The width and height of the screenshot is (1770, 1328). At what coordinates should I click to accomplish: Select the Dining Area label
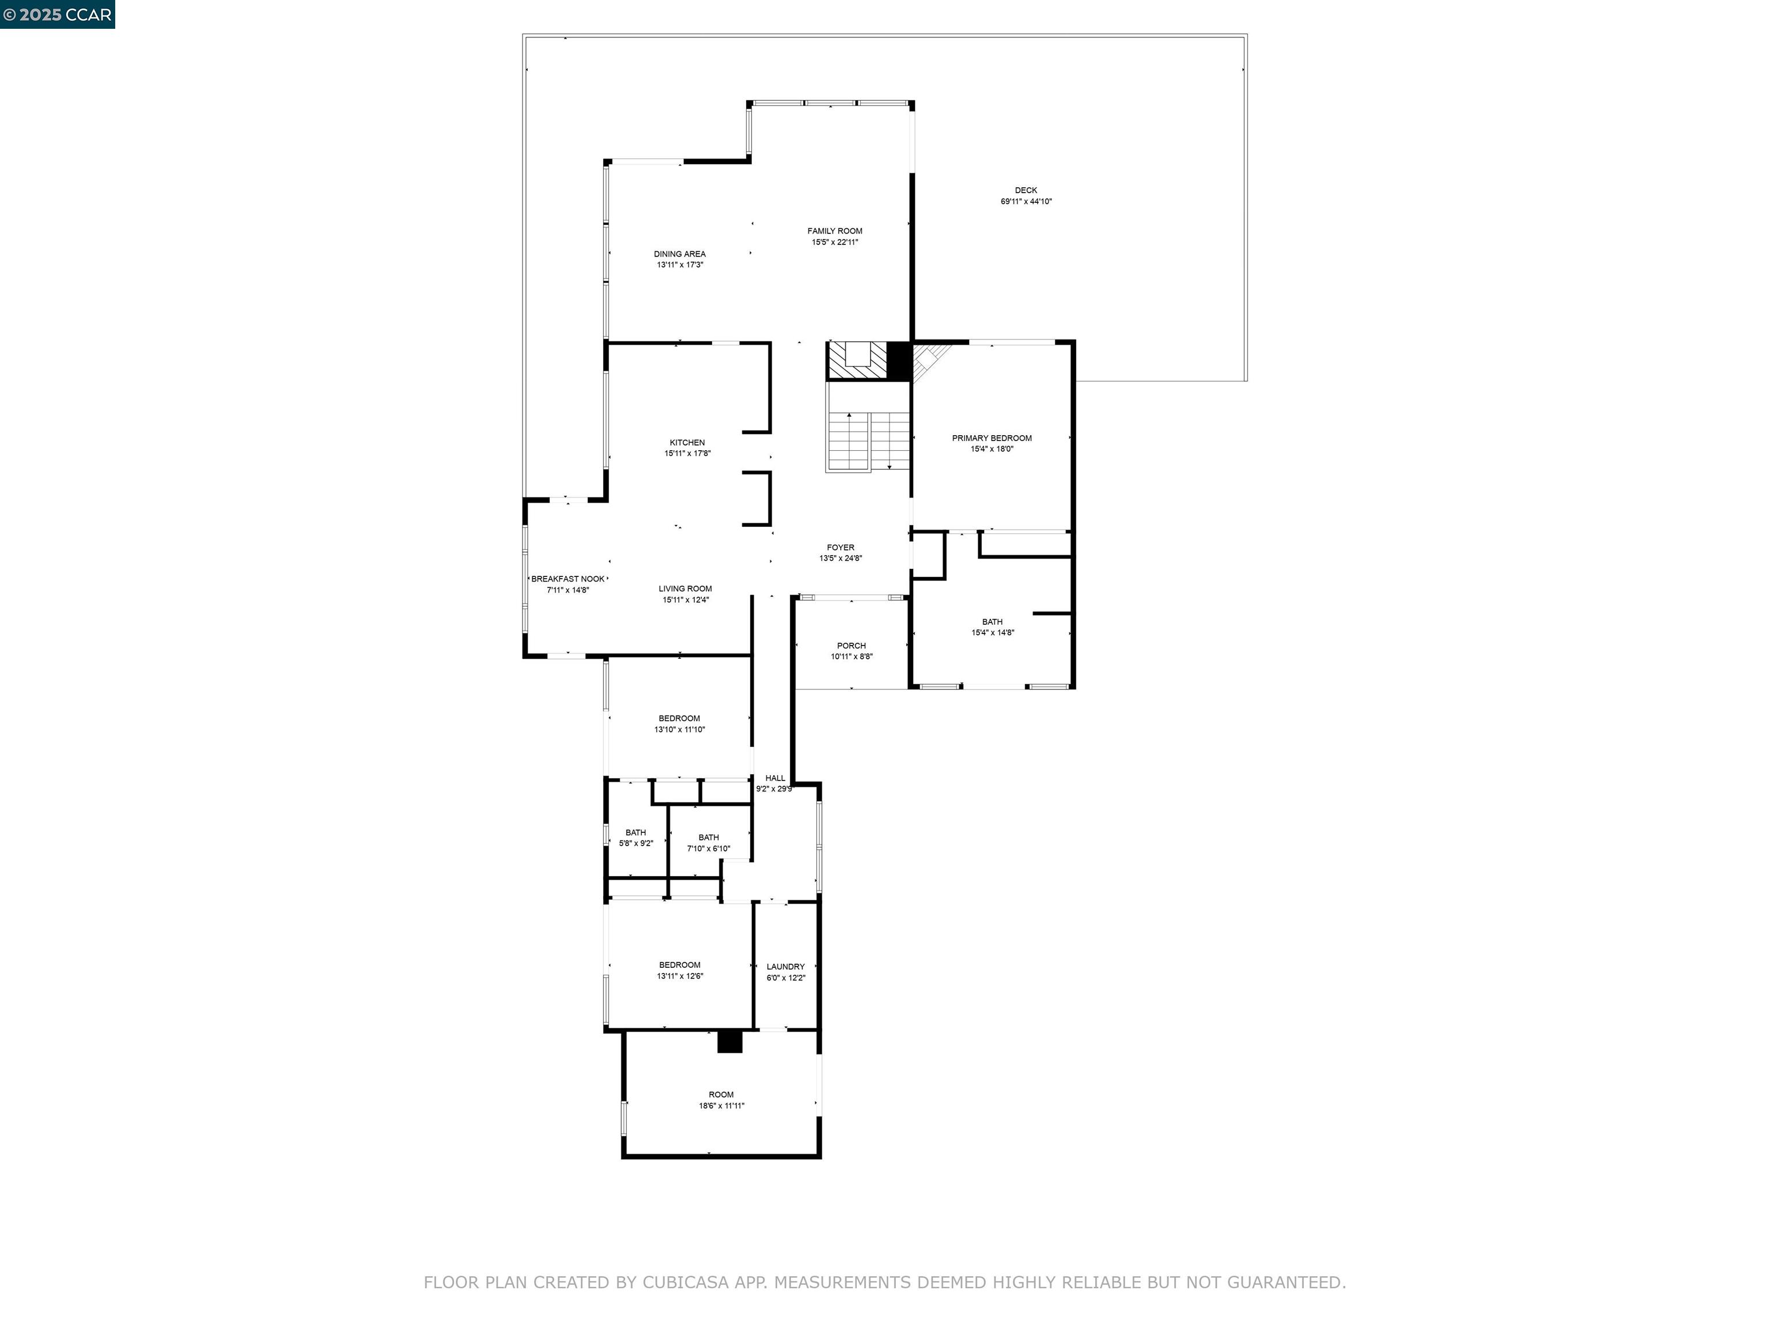tap(679, 254)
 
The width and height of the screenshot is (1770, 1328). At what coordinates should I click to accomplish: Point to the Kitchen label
tap(687, 443)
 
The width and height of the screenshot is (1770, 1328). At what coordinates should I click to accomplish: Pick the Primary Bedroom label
tap(992, 438)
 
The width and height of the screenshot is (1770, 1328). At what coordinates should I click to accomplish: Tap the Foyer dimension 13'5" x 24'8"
tap(840, 559)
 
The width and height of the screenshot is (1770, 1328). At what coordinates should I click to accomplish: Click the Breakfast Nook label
tap(568, 579)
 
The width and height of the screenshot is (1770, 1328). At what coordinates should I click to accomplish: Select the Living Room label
tap(685, 588)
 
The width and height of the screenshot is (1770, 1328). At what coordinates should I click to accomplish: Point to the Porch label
tap(852, 645)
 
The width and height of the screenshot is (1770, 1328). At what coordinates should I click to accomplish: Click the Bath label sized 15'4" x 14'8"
tap(992, 621)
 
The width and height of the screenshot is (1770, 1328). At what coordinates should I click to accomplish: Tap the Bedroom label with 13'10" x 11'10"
tap(679, 718)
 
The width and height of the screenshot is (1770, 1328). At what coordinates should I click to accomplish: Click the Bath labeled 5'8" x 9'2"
tap(636, 832)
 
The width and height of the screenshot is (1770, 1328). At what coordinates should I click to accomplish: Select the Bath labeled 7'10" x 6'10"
tap(708, 837)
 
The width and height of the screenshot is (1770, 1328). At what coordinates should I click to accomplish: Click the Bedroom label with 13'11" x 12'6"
tap(679, 964)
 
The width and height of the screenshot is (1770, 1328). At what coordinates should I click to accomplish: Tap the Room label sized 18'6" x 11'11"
tap(721, 1094)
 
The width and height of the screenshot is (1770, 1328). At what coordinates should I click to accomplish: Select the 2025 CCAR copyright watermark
tap(58, 14)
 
